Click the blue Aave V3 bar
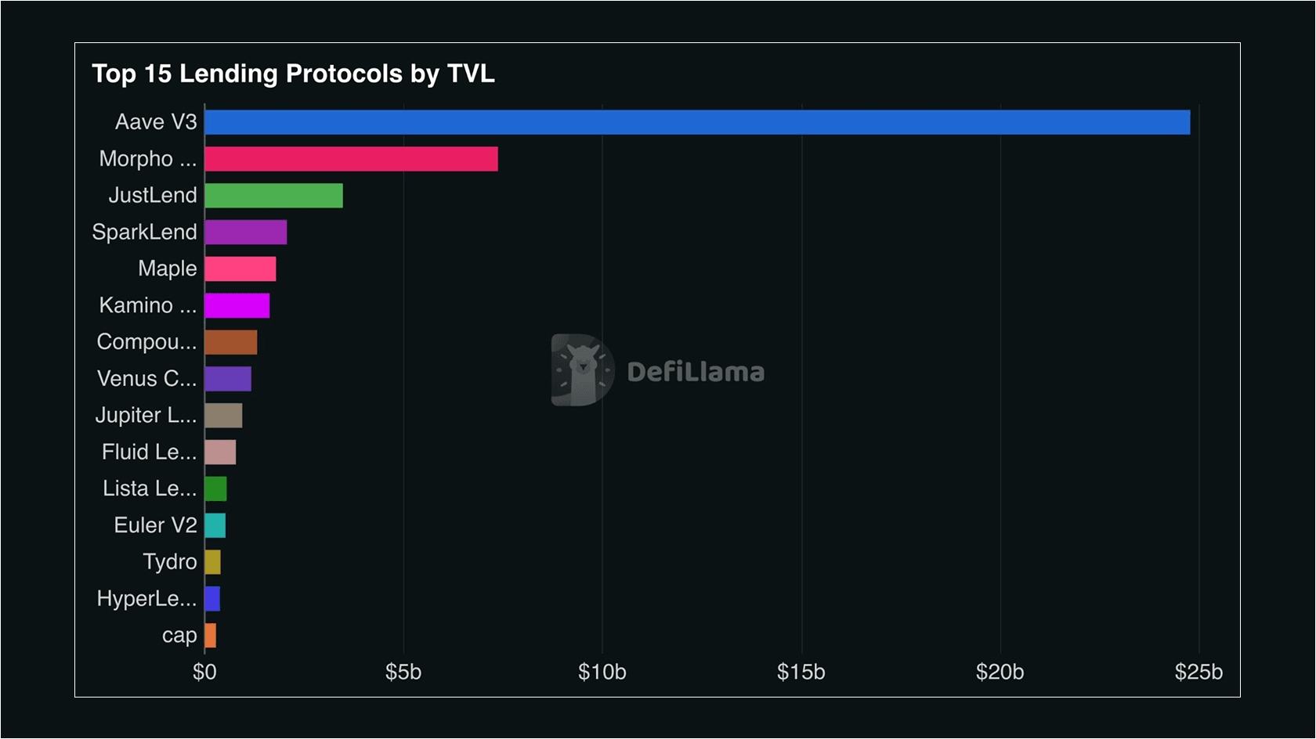pos(697,122)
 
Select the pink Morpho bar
pos(351,159)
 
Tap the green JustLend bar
pos(273,196)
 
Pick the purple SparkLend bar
pos(246,233)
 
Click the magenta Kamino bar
pos(237,305)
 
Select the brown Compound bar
pos(230,342)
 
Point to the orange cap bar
pos(210,636)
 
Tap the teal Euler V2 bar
pos(215,525)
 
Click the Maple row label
pos(167,269)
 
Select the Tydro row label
pos(169,562)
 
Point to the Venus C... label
pos(146,379)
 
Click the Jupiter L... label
pos(146,416)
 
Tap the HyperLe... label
pos(146,599)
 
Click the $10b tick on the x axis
pos(602,672)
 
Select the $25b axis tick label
pos(1198,672)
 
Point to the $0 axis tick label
pos(204,672)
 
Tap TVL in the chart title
pos(471,74)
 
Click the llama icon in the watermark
pos(582,370)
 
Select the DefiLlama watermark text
pos(696,372)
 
